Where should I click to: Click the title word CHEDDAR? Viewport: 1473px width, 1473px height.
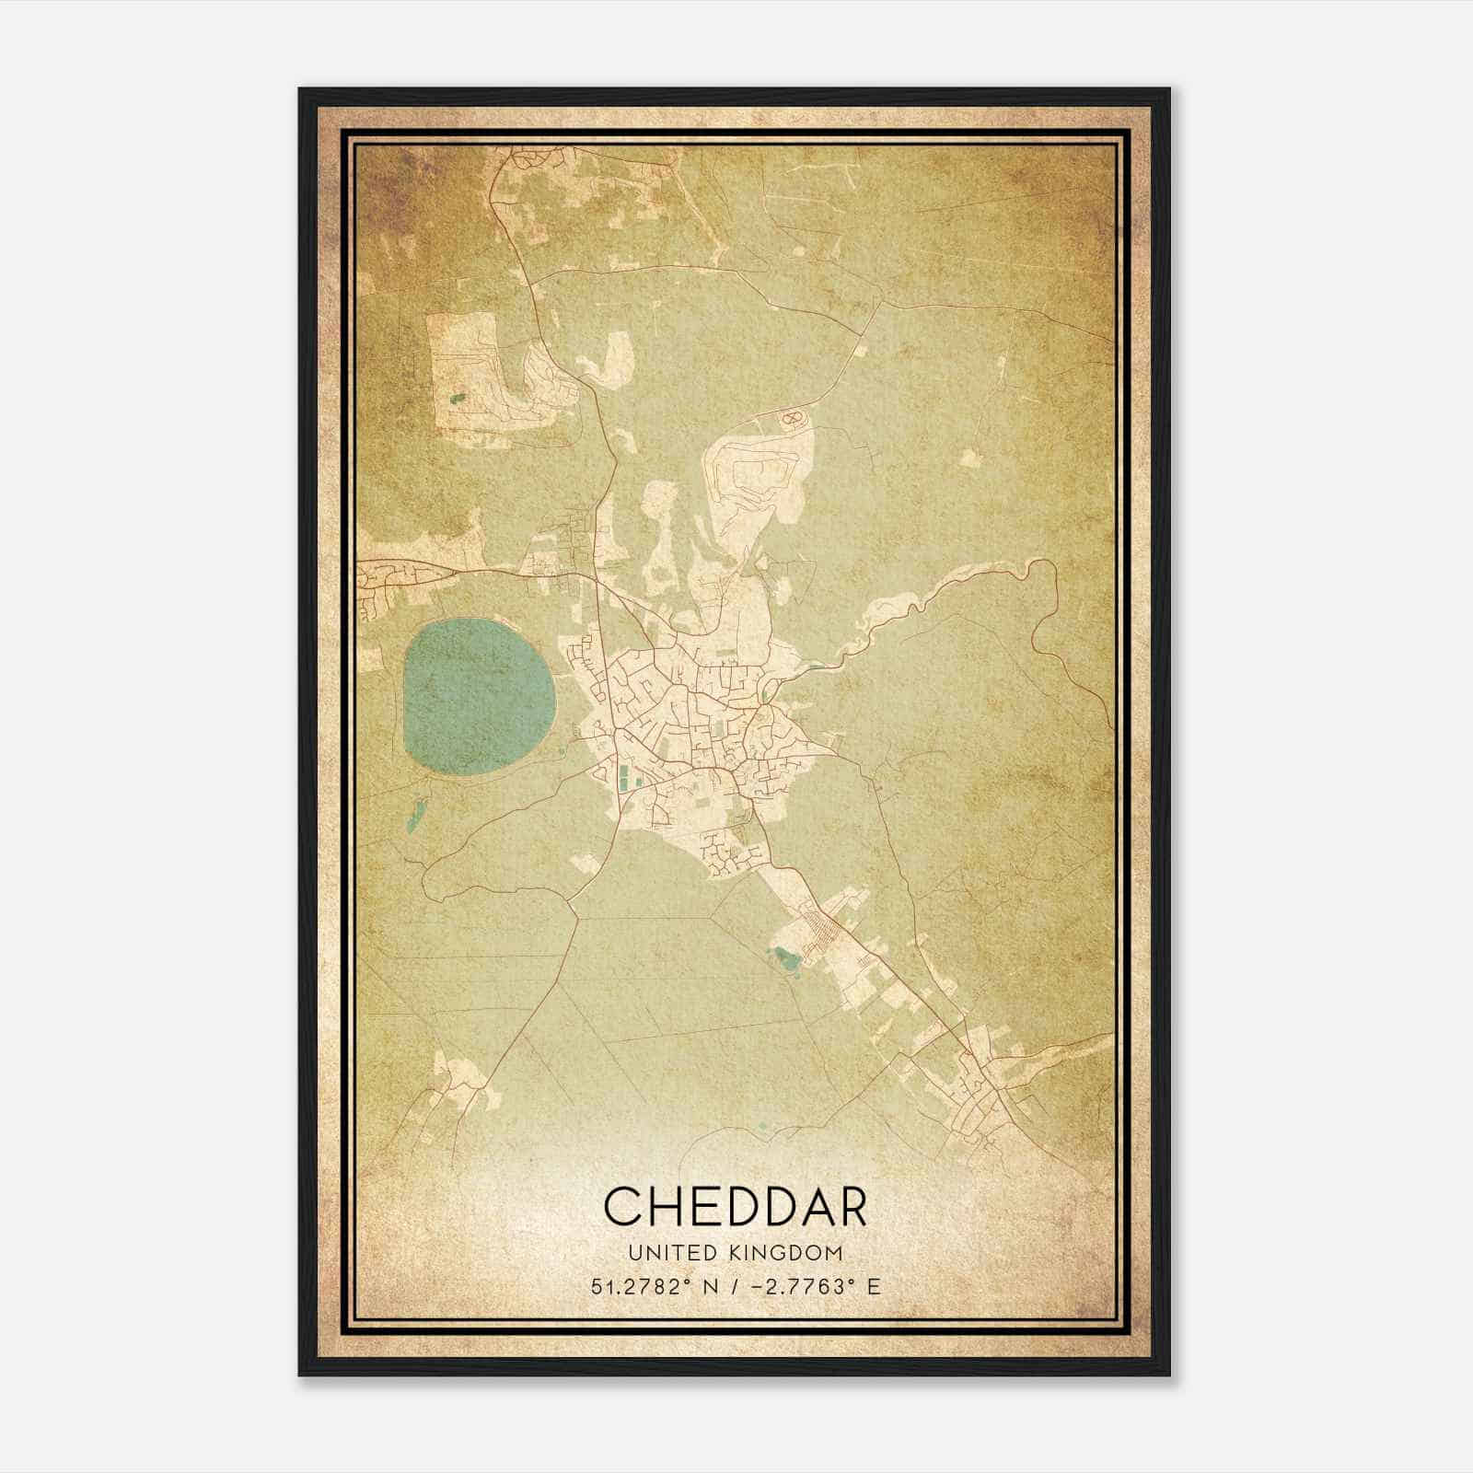pos(736,1206)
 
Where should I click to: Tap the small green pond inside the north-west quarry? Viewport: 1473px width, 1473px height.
pos(458,399)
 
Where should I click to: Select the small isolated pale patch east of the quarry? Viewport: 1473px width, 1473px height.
pos(968,457)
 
